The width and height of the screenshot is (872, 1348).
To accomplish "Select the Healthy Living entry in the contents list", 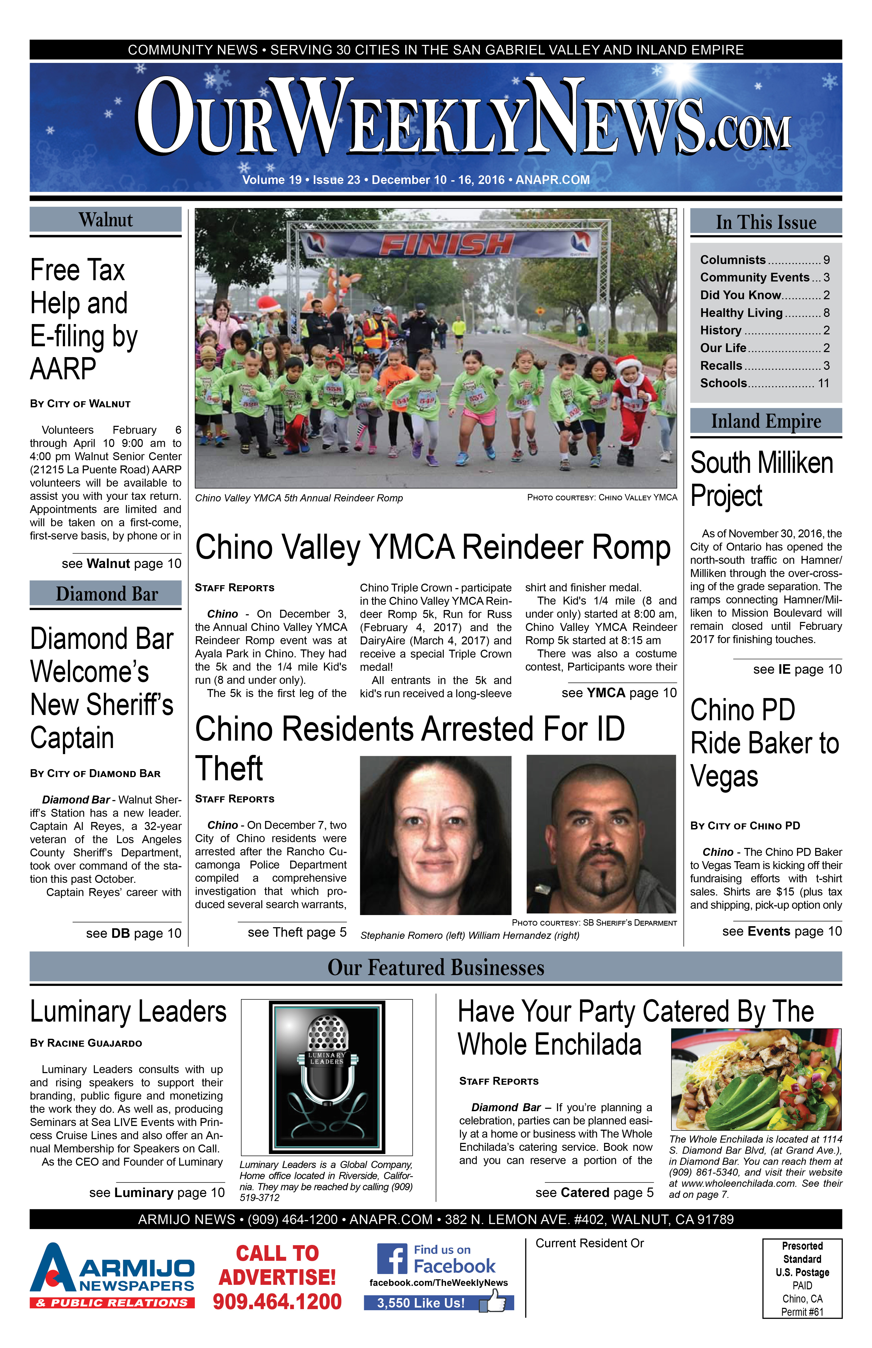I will click(741, 313).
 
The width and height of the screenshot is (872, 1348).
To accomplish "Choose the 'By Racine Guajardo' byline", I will click(86, 1043).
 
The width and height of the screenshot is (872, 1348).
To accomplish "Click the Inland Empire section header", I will click(766, 421).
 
